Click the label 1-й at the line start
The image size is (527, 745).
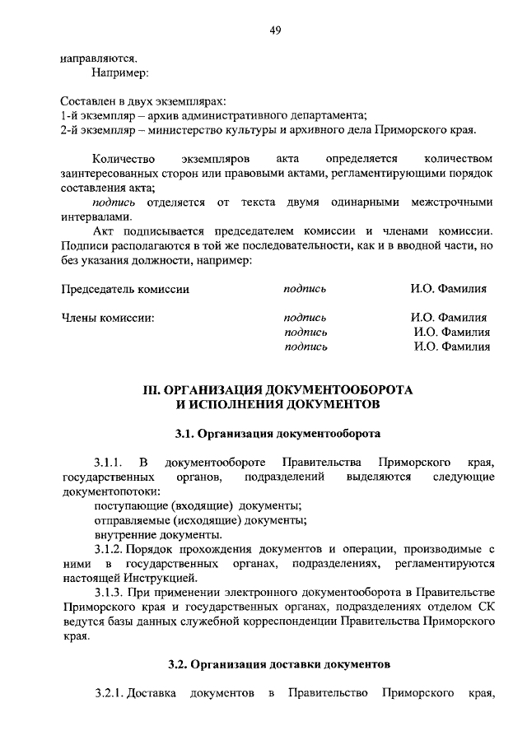click(71, 115)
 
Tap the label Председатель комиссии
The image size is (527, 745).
click(125, 289)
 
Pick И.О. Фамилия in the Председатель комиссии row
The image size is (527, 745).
click(449, 289)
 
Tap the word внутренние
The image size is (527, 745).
click(123, 534)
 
